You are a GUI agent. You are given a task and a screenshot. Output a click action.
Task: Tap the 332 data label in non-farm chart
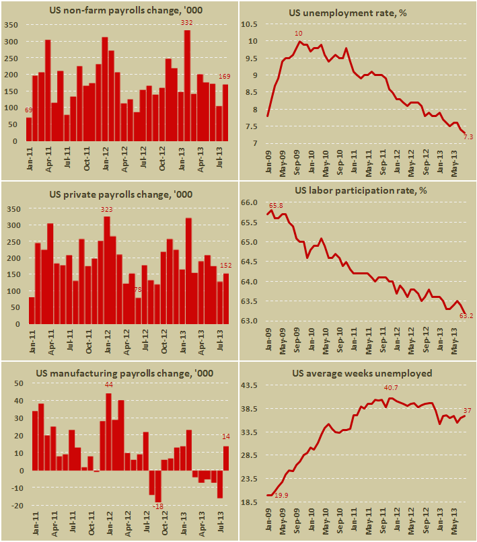tap(187, 23)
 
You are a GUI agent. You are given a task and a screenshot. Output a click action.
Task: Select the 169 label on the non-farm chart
tap(227, 76)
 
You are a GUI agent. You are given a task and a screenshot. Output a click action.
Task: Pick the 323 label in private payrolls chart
tap(107, 210)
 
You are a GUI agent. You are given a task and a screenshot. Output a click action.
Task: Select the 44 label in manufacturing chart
tap(108, 385)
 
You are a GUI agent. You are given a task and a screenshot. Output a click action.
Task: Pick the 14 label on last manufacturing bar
tap(226, 437)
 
